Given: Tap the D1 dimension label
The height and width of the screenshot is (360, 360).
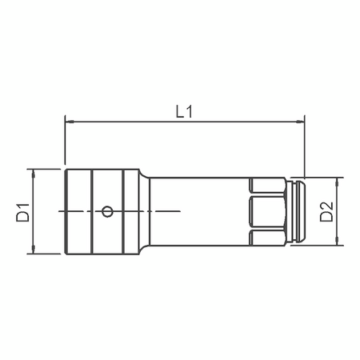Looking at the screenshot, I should coord(23,212).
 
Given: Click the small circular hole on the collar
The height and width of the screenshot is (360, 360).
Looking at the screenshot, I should coord(107,211).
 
